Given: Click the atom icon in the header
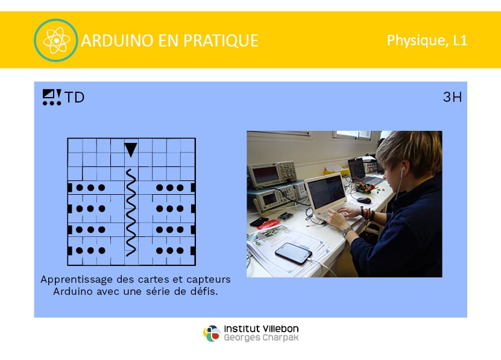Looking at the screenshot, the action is pyautogui.click(x=56, y=40).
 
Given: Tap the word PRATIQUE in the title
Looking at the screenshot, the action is pyautogui.click(x=221, y=41).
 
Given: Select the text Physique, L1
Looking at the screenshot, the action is pyautogui.click(x=427, y=40).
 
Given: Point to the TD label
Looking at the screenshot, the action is pyautogui.click(x=74, y=97).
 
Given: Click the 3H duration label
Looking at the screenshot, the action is pyautogui.click(x=452, y=96).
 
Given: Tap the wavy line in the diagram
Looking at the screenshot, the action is pyautogui.click(x=131, y=213).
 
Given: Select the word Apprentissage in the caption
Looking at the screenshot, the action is pyautogui.click(x=77, y=279).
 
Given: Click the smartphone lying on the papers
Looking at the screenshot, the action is pyautogui.click(x=294, y=253).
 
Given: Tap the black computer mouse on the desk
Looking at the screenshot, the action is pyautogui.click(x=364, y=200).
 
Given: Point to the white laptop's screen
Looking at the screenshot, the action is pyautogui.click(x=326, y=192).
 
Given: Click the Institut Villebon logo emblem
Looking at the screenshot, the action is pyautogui.click(x=212, y=333).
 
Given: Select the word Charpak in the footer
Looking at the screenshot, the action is pyautogui.click(x=280, y=338).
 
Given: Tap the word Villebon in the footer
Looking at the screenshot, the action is pyautogui.click(x=280, y=329).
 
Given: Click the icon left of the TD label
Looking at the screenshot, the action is pyautogui.click(x=52, y=97).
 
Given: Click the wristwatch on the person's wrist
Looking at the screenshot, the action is pyautogui.click(x=346, y=230).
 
